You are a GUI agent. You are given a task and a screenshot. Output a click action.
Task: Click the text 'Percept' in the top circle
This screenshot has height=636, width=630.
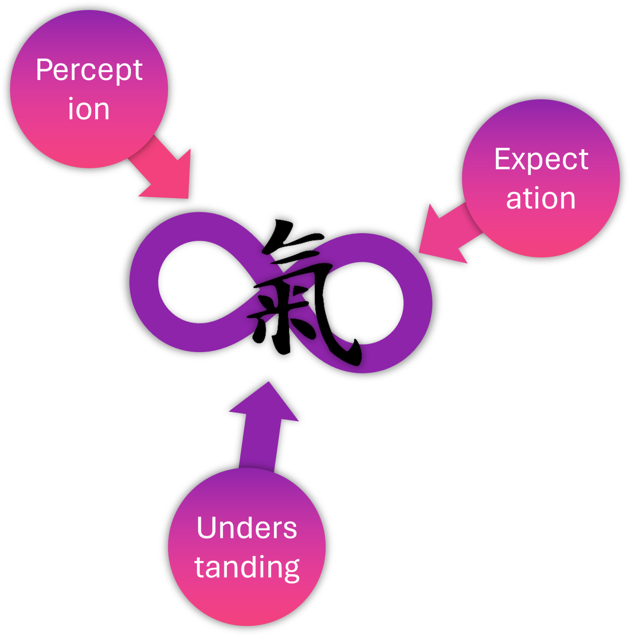[89, 71]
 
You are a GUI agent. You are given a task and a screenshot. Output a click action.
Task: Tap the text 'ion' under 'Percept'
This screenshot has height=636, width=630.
[89, 109]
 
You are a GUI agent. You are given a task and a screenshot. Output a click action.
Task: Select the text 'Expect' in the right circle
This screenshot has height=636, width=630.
[541, 160]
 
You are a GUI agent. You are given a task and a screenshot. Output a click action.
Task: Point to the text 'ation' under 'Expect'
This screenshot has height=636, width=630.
[541, 198]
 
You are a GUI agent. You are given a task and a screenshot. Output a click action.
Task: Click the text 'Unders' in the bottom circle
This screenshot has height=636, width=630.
[246, 528]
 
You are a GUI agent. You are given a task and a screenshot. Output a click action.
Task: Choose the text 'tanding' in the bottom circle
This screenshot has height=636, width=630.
[247, 567]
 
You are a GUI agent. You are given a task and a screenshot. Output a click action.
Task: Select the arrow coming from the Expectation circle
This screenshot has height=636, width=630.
[449, 232]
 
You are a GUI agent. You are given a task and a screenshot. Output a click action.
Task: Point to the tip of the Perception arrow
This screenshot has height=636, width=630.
[188, 197]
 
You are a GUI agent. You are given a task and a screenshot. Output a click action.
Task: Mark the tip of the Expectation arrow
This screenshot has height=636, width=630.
[420, 252]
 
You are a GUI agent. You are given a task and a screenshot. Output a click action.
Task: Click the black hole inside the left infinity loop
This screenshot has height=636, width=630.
[197, 282]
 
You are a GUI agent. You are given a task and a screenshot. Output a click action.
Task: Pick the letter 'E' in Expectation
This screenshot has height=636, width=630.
[502, 159]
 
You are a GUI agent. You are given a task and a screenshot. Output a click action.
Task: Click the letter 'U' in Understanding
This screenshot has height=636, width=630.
[207, 528]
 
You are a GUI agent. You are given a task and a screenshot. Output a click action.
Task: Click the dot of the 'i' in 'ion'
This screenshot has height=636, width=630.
[71, 99]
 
